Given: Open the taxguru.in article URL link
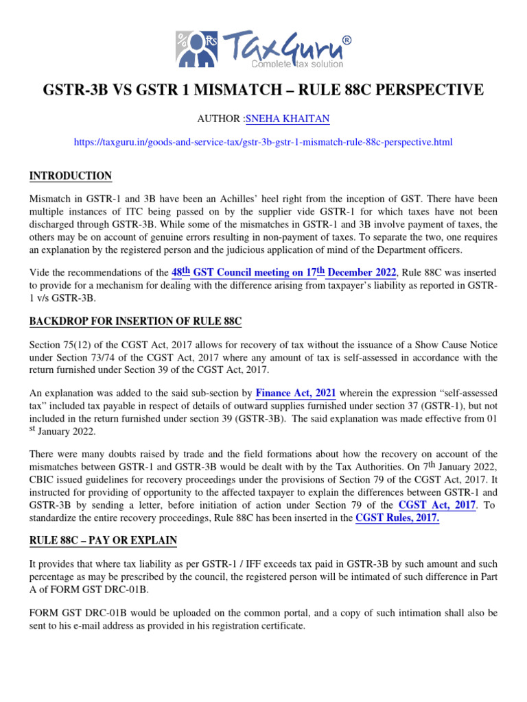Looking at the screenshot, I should [x=263, y=142].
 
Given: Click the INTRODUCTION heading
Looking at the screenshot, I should [x=70, y=176].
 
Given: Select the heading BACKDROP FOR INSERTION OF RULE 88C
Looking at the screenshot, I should [x=135, y=322].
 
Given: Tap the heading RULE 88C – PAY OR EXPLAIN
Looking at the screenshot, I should [x=103, y=541].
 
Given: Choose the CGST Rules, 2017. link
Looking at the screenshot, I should [x=397, y=518].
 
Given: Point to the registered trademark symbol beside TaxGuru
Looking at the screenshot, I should [x=347, y=40].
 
